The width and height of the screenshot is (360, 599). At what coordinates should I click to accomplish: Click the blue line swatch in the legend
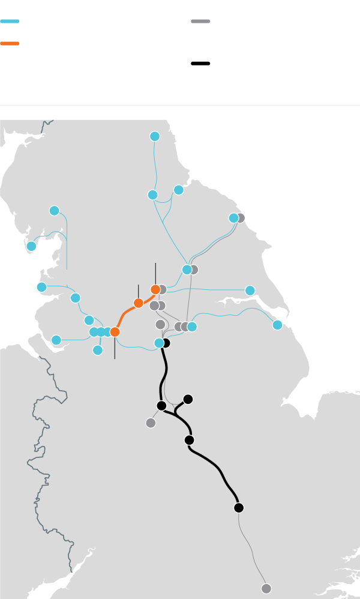(10, 21)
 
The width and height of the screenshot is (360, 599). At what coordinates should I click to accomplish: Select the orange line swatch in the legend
(10, 43)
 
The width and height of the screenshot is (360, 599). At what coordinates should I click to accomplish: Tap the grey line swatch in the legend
(200, 21)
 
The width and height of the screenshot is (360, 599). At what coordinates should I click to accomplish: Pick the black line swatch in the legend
(200, 63)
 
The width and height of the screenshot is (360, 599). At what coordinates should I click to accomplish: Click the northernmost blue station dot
(155, 136)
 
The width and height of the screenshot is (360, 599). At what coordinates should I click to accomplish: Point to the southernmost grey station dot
(266, 588)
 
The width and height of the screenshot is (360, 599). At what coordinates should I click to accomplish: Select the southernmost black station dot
(239, 508)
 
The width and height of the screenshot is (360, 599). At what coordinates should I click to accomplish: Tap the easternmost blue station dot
(277, 325)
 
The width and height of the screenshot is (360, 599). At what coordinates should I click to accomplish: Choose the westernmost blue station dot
(31, 246)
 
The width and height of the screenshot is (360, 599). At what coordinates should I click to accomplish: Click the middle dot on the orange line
(139, 303)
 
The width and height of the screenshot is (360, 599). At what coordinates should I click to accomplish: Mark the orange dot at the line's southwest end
(115, 331)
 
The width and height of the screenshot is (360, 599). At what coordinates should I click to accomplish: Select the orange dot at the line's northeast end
(155, 289)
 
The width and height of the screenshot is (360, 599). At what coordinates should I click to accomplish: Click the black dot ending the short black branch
(188, 399)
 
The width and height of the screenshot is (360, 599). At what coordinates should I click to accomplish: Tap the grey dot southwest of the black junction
(151, 423)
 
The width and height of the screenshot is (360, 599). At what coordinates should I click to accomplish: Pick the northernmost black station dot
(166, 343)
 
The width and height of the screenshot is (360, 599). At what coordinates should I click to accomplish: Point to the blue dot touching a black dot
(158, 343)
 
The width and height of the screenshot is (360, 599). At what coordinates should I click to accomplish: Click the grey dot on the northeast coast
(241, 218)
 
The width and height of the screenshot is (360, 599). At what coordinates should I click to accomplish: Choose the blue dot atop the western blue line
(54, 210)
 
